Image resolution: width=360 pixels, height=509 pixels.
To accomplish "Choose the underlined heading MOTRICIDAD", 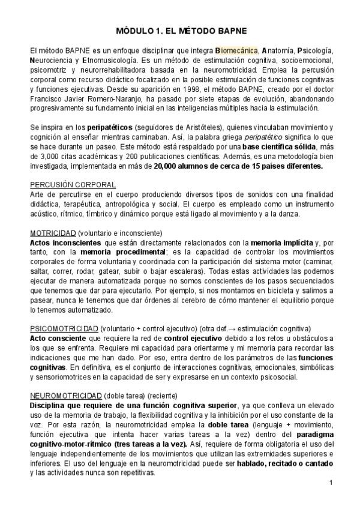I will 53,232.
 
